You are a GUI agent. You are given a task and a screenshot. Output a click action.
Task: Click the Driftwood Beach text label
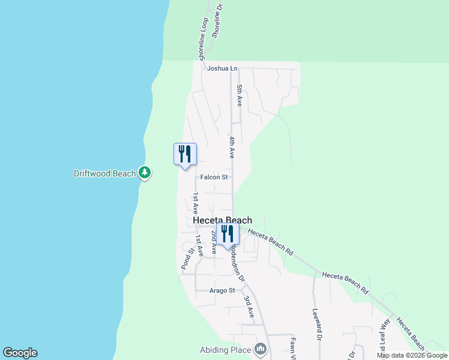[x=105, y=173]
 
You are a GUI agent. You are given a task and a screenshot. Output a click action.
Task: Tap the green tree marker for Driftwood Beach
[x=144, y=173]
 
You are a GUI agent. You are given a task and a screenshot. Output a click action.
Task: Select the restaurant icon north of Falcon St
[x=185, y=154]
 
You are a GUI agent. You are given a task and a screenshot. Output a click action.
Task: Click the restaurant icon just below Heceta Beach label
[x=228, y=233]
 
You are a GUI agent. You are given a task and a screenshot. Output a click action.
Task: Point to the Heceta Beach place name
[x=223, y=220]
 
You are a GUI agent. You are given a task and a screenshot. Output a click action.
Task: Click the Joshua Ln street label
[x=222, y=68]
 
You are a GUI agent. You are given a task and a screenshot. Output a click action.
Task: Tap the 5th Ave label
[x=239, y=96]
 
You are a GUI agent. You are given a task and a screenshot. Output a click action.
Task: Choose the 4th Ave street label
[x=232, y=148]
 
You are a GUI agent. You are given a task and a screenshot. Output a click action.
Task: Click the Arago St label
[x=222, y=290]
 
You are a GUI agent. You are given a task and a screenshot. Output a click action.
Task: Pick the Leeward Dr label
[x=316, y=325]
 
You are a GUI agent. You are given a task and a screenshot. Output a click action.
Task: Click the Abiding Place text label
[x=226, y=349]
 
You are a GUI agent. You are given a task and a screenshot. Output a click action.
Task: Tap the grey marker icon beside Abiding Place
[x=260, y=349]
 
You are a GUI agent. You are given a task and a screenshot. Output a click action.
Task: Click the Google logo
[x=20, y=353]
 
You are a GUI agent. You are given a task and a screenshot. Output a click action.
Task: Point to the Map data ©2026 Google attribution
[x=412, y=355]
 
